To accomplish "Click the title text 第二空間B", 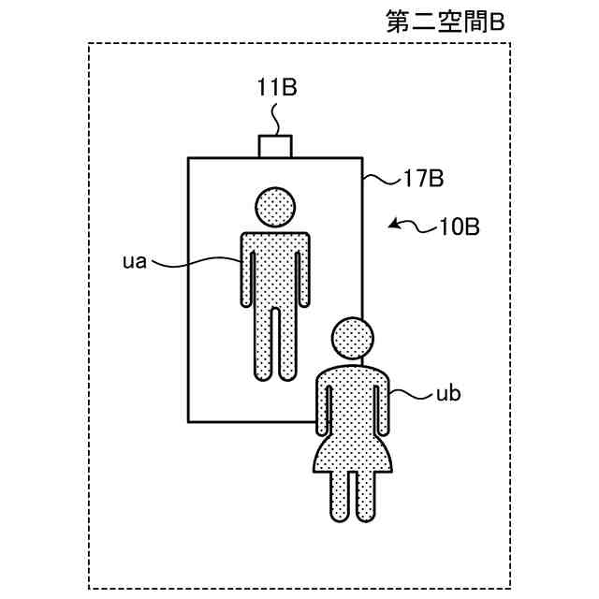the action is pyautogui.click(x=445, y=22).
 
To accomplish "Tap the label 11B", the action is pyautogui.click(x=276, y=89).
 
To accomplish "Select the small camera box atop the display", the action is pyautogui.click(x=275, y=146).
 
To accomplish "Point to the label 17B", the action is pyautogui.click(x=423, y=178).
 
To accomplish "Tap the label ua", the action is pyautogui.click(x=135, y=261).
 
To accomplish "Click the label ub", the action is pyautogui.click(x=449, y=394).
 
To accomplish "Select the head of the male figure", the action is pyautogui.click(x=275, y=208).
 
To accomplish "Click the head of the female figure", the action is pyautogui.click(x=354, y=338).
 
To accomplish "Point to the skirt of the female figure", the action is pyautogui.click(x=353, y=451).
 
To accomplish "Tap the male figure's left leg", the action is pyautogui.click(x=263, y=343).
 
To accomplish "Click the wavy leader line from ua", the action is pyautogui.click(x=192, y=265).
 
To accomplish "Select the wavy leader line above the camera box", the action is pyautogui.click(x=275, y=119).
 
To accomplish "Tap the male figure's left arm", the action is pyautogui.click(x=249, y=276).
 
